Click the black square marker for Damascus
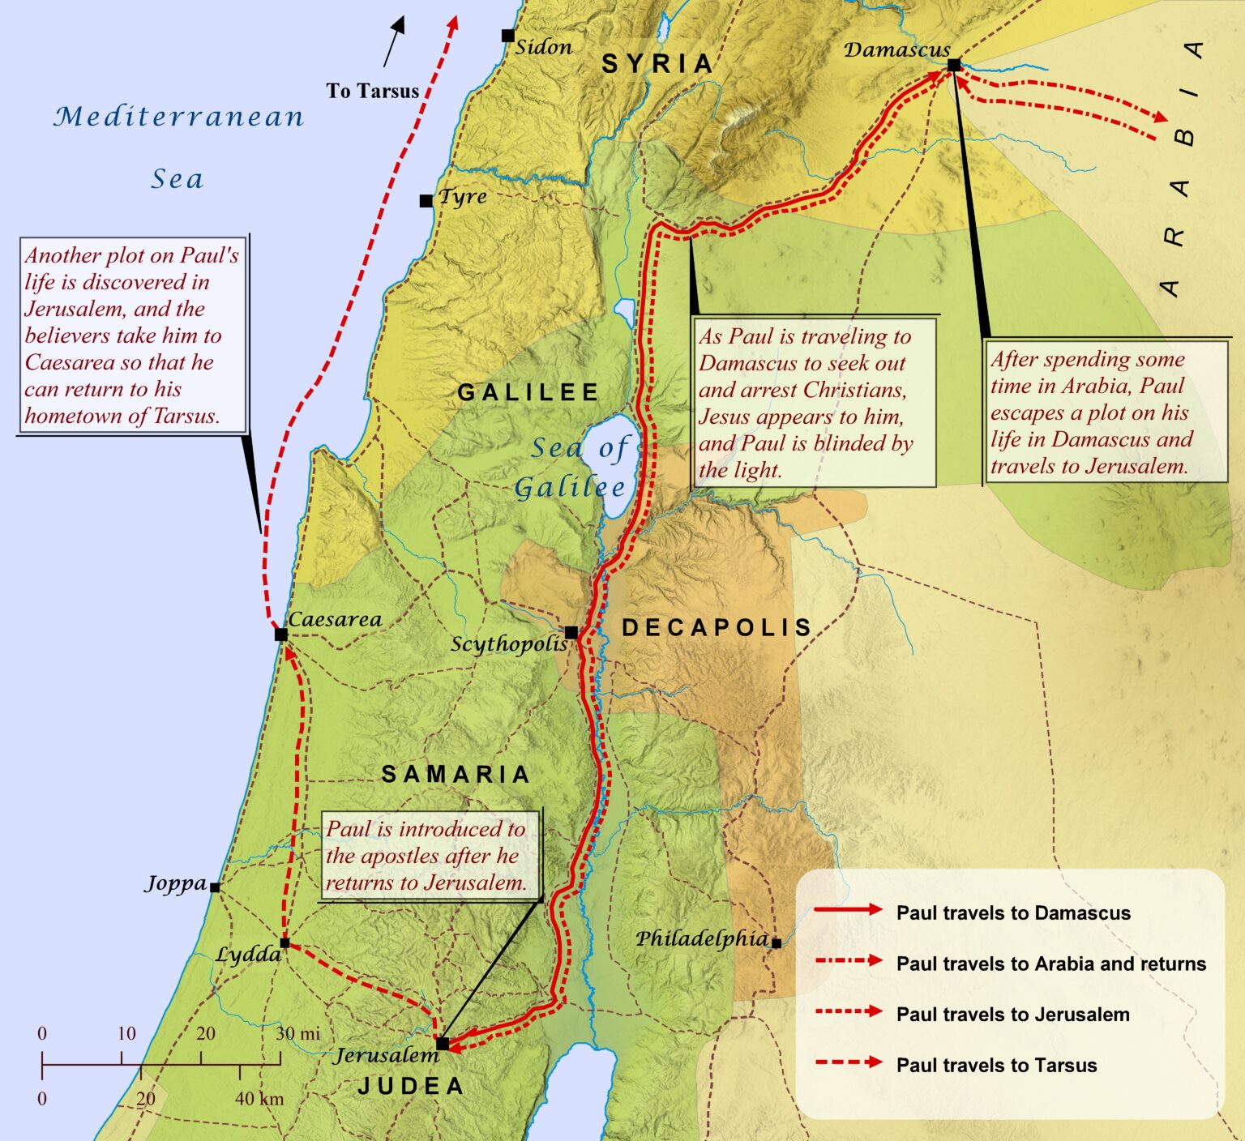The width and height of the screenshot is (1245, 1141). [x=954, y=65]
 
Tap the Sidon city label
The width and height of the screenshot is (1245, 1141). [x=544, y=47]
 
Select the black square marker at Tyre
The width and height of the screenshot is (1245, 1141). [x=426, y=201]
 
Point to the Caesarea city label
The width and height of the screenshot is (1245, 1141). [x=335, y=620]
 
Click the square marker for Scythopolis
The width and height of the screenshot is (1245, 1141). [x=571, y=632]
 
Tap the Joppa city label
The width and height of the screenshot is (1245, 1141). [x=176, y=883]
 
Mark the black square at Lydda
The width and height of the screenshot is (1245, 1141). [x=285, y=942]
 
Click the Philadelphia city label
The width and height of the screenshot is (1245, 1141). [x=702, y=938]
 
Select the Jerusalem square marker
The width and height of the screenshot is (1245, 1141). [x=443, y=1043]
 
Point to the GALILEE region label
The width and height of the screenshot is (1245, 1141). [x=528, y=392]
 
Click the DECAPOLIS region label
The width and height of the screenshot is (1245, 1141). [x=717, y=627]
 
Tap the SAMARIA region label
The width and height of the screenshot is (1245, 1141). [x=456, y=775]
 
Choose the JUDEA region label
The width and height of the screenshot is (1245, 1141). [x=411, y=1087]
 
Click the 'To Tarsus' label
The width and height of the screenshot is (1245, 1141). [x=373, y=91]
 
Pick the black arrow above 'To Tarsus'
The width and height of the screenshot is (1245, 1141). [x=393, y=42]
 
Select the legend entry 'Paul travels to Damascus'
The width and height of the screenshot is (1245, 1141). [x=1012, y=912]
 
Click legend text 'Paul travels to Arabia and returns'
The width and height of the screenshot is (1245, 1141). [x=1050, y=964]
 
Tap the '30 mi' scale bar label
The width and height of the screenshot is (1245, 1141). [x=297, y=1033]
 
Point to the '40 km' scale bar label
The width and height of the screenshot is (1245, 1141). [x=259, y=1099]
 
